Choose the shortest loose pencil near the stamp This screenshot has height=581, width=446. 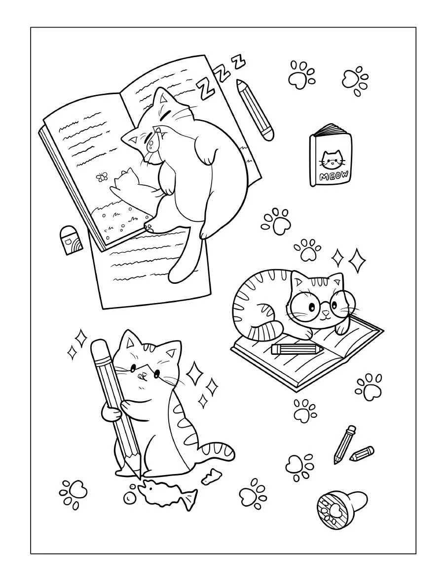tap(362, 453)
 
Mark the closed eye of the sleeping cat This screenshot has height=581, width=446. tap(168, 113)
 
